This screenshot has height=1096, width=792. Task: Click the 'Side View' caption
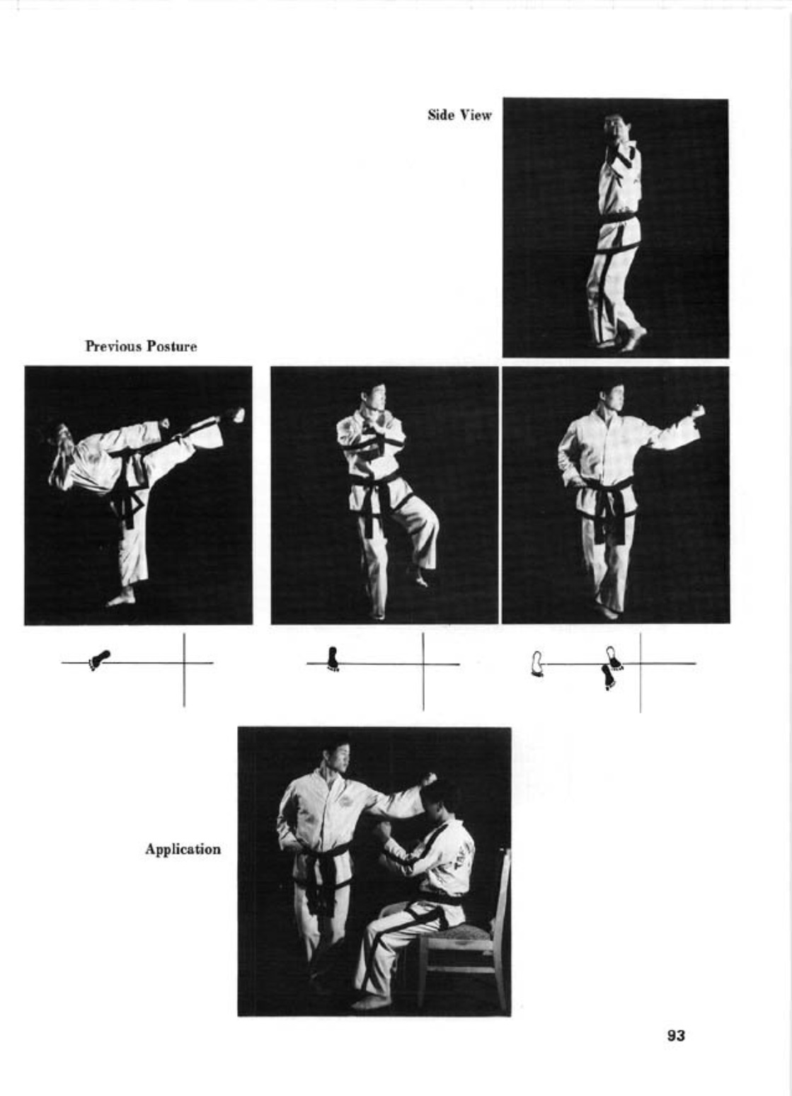click(x=460, y=115)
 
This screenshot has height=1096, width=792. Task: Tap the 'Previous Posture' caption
click(x=142, y=346)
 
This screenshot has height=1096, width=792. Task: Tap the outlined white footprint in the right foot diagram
click(x=537, y=663)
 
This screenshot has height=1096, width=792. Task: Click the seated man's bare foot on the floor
click(x=368, y=1002)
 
